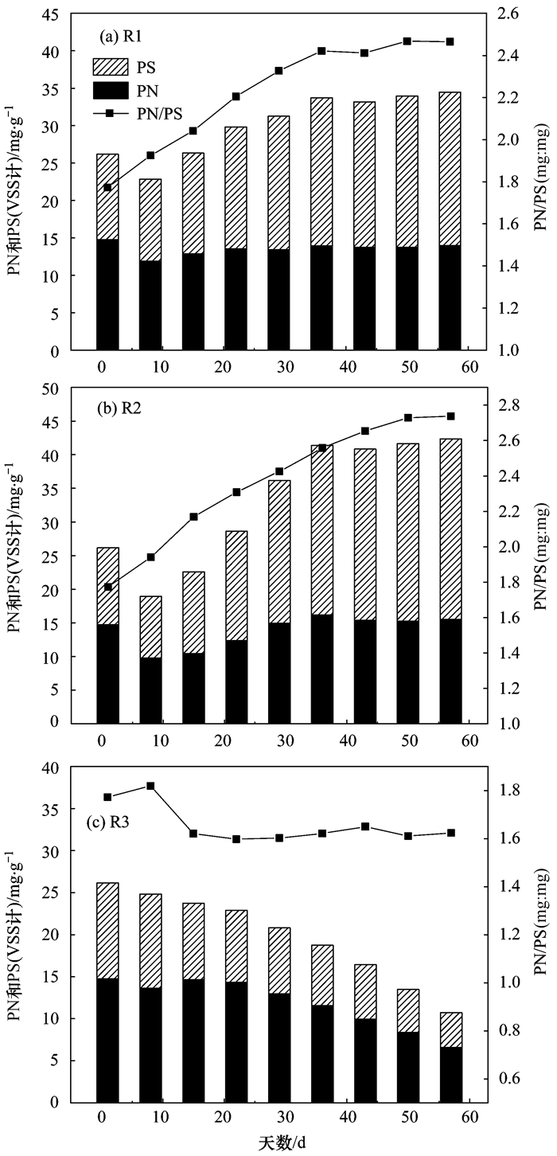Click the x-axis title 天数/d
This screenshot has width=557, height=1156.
(x=278, y=1144)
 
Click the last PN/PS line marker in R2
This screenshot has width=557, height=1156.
(x=450, y=416)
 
